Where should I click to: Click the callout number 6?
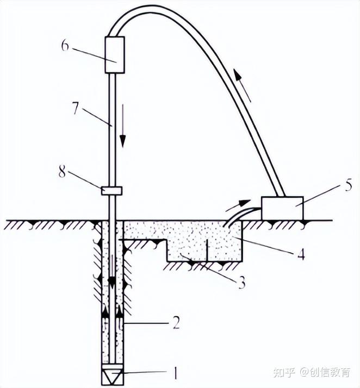point(65,45)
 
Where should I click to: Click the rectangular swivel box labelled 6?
point(115,54)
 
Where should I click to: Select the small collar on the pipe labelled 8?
point(111,190)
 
